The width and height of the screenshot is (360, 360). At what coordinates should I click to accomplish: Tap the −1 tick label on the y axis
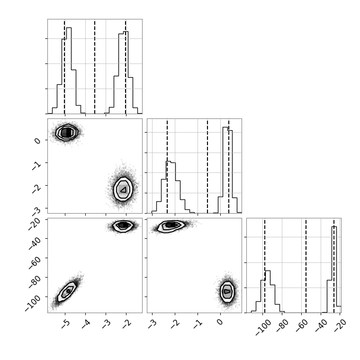coord(36,165)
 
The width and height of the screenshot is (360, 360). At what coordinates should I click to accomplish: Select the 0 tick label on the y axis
coord(37,141)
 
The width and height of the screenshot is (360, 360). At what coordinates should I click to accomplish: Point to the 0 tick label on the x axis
coord(220,322)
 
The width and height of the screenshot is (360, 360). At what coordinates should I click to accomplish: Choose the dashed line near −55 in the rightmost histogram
coord(306,265)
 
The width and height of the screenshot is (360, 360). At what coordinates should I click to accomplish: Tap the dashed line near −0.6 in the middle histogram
coord(207,166)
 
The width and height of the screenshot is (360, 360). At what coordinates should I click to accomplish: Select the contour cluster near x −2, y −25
coord(123,225)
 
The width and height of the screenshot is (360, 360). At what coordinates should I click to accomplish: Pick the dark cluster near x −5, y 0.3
coord(67,132)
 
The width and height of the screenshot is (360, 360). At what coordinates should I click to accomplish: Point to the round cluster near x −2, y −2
coord(123,189)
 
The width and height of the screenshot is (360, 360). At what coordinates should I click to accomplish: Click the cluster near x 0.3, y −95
coord(227,291)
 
